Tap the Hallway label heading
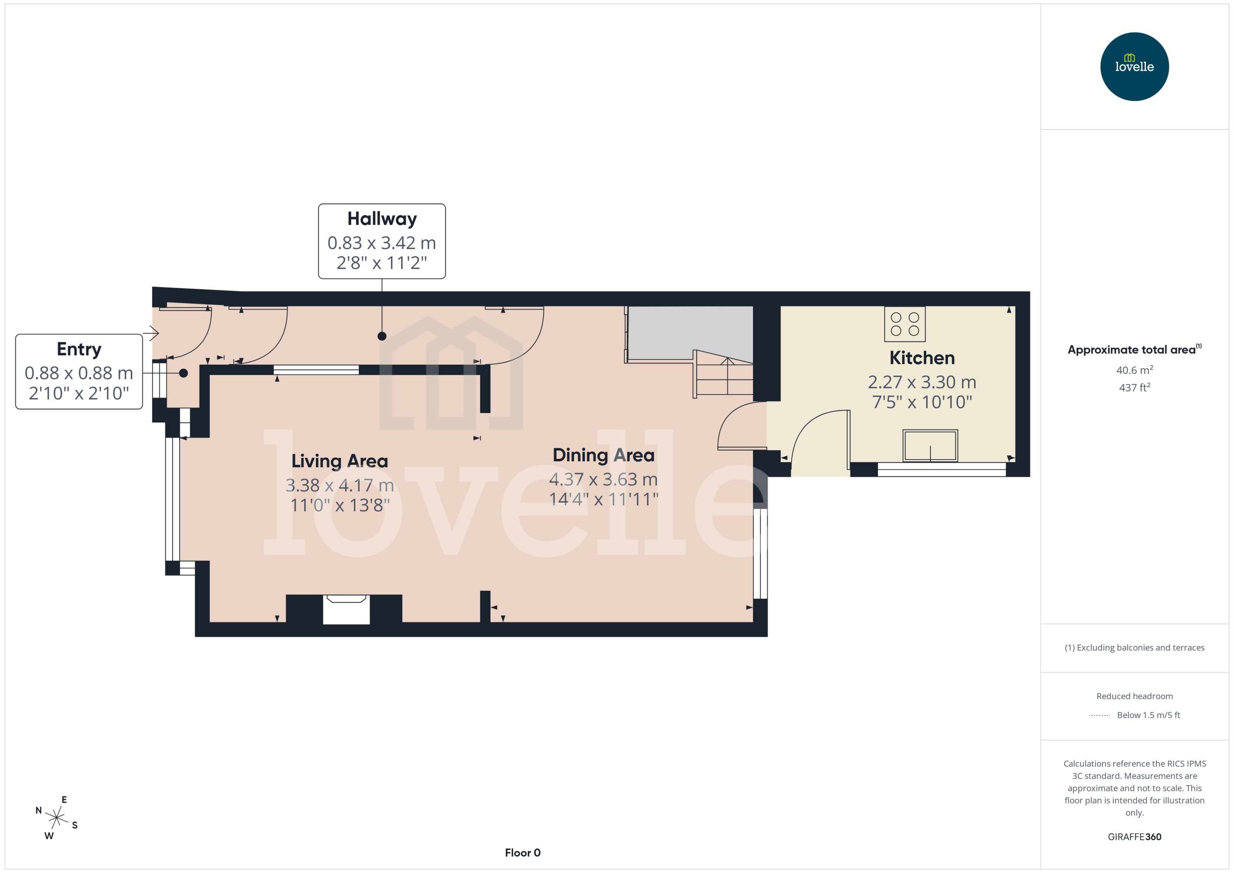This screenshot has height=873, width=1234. coord(382,219)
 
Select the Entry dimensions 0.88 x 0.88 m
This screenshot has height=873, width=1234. coord(79,373)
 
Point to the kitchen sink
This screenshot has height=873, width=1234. coord(930,445)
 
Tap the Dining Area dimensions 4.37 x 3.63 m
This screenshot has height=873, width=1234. coord(603,479)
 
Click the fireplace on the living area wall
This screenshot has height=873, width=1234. coord(346,609)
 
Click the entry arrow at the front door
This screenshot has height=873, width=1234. coord(152,333)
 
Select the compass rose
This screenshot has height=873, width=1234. coord(56,818)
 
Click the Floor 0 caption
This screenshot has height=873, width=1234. coord(522,853)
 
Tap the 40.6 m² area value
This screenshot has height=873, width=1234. coord(1134,370)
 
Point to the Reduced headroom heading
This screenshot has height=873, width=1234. coord(1134,696)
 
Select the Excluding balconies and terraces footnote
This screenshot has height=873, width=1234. coord(1134,648)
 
